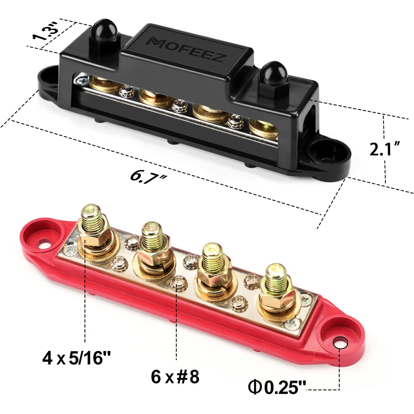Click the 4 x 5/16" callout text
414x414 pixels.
[x=76, y=359]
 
